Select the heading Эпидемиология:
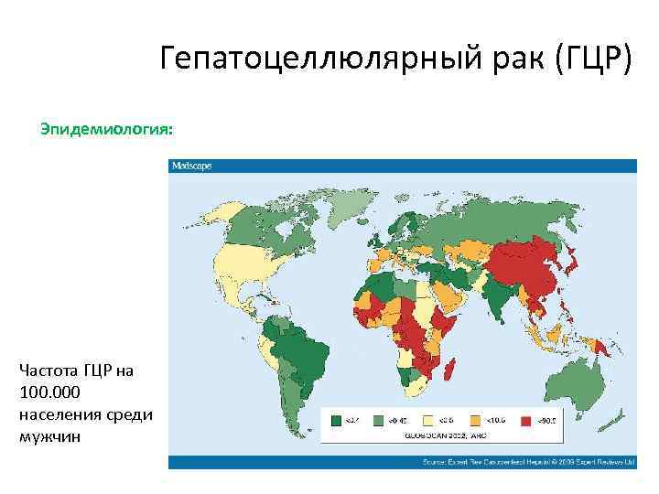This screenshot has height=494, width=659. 106,130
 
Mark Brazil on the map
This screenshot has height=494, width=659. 302,352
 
